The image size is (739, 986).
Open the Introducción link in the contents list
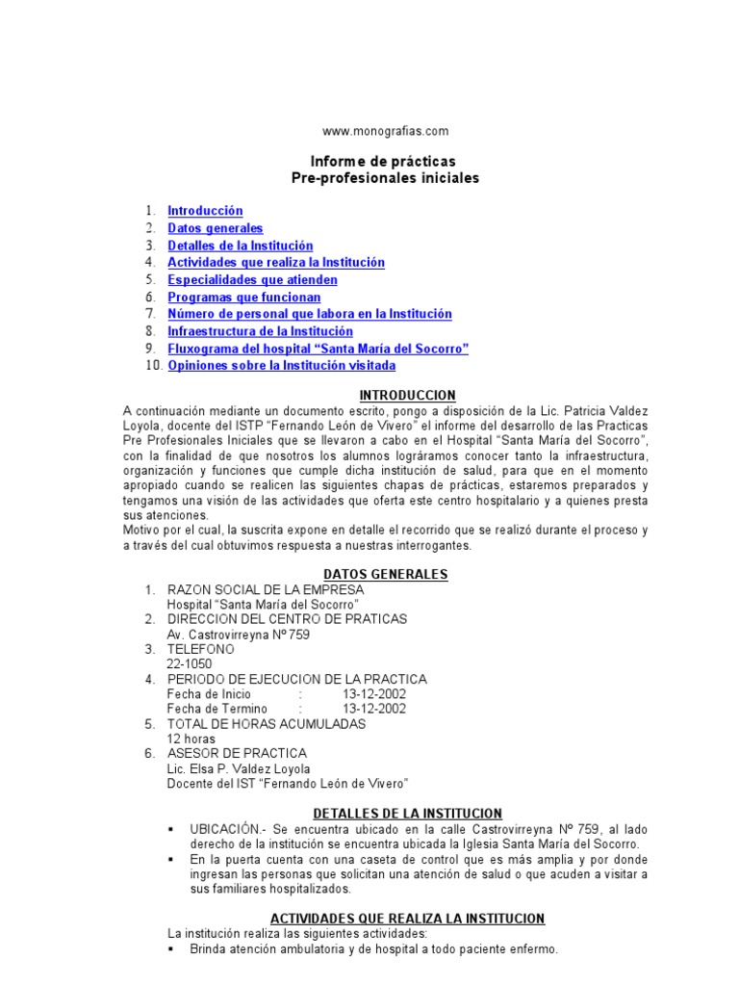pyautogui.click(x=205, y=211)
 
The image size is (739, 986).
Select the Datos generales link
pyautogui.click(x=215, y=228)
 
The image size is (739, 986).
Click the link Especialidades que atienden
pyautogui.click(x=252, y=280)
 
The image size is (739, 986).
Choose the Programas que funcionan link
pyautogui.click(x=243, y=298)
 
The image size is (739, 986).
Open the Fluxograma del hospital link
pyautogui.click(x=318, y=349)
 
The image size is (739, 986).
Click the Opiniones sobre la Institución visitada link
pyautogui.click(x=281, y=366)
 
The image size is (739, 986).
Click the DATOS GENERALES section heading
pyautogui.click(x=386, y=575)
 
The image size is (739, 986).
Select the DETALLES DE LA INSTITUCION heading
pyautogui.click(x=408, y=814)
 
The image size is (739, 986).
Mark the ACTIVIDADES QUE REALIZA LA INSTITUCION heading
pyautogui.click(x=407, y=919)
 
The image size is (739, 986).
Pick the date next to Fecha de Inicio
pyautogui.click(x=374, y=694)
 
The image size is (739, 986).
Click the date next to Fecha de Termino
pyautogui.click(x=374, y=709)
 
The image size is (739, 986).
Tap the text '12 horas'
pyautogui.click(x=191, y=739)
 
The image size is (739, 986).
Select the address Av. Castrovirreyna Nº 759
pyautogui.click(x=239, y=635)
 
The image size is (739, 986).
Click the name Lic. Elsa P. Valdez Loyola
pyautogui.click(x=239, y=768)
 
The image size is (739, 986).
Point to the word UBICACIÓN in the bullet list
pyautogui.click(x=225, y=829)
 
